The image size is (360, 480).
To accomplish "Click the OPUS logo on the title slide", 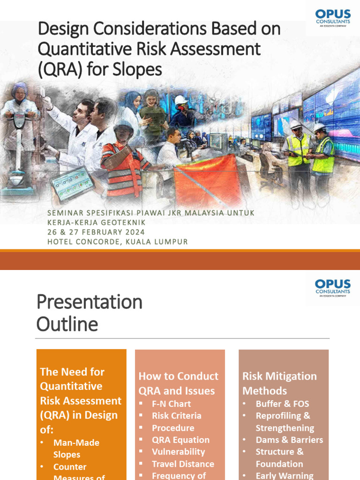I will (x=333, y=19).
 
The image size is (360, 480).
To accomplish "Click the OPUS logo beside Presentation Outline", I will (x=333, y=287).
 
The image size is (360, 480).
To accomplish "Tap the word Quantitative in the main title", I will (x=76, y=49).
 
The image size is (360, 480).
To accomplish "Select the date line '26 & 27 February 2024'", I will (x=96, y=232).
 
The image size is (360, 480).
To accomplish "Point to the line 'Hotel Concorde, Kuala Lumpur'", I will (x=117, y=242).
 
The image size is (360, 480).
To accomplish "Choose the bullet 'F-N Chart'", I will (x=171, y=404).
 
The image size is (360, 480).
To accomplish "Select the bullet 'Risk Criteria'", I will (x=176, y=416).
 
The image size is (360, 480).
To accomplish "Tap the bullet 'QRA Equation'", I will (x=180, y=440).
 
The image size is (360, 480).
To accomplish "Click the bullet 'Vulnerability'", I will (x=178, y=452).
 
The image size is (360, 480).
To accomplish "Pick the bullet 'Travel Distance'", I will (x=183, y=464).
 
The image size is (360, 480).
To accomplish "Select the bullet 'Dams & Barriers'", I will (x=289, y=440).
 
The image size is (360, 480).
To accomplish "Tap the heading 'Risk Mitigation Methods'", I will (x=279, y=383).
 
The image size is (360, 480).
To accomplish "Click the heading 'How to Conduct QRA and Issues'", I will (x=178, y=383).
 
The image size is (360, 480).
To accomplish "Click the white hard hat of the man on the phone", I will (x=180, y=100).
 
